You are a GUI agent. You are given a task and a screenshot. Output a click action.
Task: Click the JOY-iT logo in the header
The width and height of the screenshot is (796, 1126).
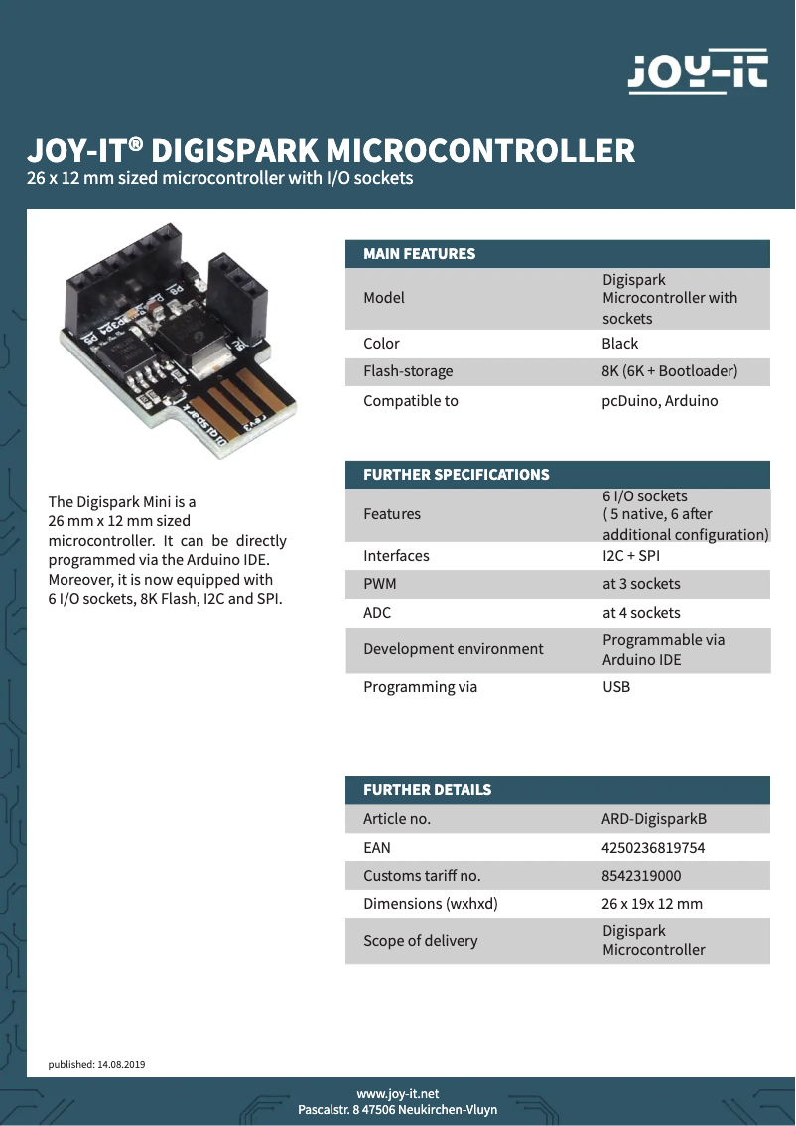698,72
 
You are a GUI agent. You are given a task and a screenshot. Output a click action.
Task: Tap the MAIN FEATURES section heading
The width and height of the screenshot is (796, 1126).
419,254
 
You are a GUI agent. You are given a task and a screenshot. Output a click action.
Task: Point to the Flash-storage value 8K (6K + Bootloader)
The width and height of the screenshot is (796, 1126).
670,371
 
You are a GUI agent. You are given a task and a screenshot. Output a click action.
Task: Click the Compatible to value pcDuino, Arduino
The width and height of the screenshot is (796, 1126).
659,401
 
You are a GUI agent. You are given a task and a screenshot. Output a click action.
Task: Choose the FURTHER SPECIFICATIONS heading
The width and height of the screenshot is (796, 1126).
456,475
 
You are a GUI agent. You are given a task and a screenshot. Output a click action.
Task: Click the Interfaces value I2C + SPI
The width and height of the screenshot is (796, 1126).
631,556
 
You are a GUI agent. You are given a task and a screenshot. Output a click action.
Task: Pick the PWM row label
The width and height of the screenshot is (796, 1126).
380,584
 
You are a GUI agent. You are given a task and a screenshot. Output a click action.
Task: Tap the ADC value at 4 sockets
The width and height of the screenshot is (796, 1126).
641,613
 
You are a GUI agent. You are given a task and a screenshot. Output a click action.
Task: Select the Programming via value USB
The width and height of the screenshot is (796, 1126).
616,687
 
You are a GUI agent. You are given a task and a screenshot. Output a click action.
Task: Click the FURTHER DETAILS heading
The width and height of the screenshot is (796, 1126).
427,790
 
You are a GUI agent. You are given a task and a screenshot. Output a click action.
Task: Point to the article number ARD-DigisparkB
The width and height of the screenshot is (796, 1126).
654,819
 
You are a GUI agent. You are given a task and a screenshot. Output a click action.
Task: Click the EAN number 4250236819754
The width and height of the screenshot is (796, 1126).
653,848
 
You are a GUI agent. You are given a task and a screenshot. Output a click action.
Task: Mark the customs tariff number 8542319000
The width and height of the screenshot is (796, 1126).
641,876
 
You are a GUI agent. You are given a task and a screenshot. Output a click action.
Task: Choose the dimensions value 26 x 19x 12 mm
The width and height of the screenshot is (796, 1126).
652,904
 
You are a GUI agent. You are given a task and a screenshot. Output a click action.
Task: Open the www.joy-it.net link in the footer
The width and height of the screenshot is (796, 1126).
397,1094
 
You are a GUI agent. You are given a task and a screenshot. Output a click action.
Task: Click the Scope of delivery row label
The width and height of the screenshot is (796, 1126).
420,941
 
